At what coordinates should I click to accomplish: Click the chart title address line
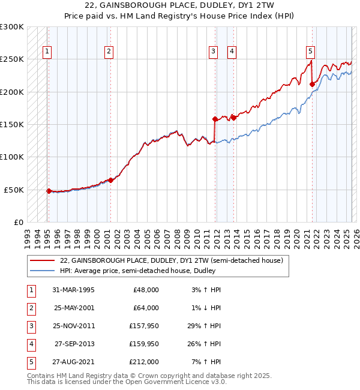pos(180,5)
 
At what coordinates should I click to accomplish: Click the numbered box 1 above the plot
pos(47,52)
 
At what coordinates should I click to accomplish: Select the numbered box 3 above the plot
pos(213,52)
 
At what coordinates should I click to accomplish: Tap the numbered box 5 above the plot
pos(310,52)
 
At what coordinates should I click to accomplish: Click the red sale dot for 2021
pos(312,85)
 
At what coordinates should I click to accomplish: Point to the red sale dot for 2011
pos(215,119)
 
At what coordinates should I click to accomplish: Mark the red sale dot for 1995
pos(49,191)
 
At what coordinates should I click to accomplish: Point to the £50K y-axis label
pos(14,190)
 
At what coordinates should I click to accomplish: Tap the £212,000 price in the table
pos(144,362)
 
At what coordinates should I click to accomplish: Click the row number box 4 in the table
pos(30,344)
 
